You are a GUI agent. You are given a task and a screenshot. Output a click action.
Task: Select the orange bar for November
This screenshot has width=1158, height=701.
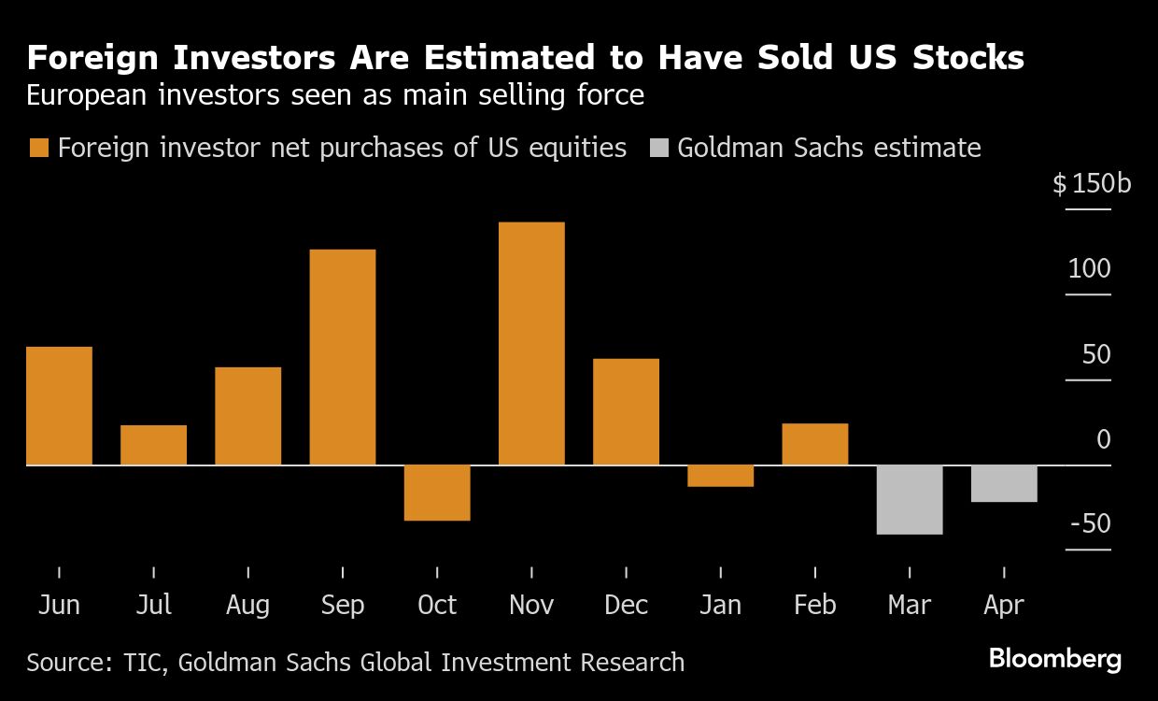coord(531,343)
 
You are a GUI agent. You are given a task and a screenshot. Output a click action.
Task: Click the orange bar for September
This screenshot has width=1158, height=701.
coord(343,357)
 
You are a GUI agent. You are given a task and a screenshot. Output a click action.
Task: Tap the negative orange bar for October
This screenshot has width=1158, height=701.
coord(437,493)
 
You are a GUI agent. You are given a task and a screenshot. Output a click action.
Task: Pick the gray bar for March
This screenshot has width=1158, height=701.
coord(910,499)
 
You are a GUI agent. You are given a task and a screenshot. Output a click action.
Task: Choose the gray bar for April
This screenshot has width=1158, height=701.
coord(1004,483)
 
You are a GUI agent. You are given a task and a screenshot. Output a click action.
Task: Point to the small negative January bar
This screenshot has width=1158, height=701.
coord(720,476)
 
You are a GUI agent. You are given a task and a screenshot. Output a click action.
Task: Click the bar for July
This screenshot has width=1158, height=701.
coord(153,445)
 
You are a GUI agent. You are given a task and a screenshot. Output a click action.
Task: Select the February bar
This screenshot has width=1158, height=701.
coord(815,444)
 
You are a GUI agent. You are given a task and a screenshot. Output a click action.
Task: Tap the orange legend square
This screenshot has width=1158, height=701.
coord(38,148)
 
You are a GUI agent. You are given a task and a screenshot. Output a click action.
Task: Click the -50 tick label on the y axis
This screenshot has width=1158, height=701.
coord(1090,523)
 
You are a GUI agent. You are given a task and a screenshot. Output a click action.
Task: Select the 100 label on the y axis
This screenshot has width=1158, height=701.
coord(1090,269)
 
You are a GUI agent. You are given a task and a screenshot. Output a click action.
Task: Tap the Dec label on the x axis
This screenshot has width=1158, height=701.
coord(626,605)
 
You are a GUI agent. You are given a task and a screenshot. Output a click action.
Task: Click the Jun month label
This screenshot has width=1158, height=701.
coord(59,605)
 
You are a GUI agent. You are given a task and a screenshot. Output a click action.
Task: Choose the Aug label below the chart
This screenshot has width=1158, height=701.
coord(247,605)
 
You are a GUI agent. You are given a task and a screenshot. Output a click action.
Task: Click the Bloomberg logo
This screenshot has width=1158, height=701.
coord(1055,659)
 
